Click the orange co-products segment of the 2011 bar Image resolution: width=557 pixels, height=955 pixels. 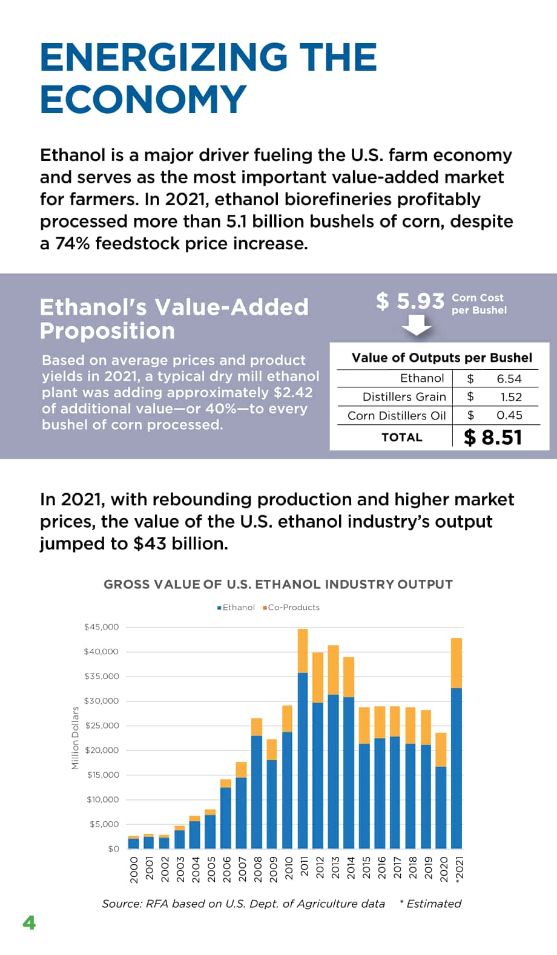(302, 651)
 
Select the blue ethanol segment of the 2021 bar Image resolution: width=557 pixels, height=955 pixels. (456, 768)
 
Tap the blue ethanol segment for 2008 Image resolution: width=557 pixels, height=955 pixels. (256, 792)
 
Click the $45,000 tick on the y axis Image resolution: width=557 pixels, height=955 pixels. (102, 627)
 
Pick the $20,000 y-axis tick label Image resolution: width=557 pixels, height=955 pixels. (102, 750)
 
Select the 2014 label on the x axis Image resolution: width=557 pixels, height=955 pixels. (351, 868)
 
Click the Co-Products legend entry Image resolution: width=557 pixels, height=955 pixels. (291, 607)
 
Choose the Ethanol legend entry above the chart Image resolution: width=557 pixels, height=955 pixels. (236, 607)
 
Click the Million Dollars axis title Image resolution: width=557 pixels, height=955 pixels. (75, 738)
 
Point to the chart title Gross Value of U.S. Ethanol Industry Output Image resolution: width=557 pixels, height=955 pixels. (278, 584)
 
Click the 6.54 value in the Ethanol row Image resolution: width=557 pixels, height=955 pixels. (509, 379)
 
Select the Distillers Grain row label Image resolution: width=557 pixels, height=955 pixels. (404, 397)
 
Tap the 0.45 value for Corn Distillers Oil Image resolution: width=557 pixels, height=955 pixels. (509, 415)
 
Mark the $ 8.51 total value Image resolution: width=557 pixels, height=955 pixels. (493, 438)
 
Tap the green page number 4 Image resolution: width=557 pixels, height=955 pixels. (29, 923)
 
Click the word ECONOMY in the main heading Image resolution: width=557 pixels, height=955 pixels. (143, 99)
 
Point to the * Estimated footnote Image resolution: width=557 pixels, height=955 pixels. (430, 904)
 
